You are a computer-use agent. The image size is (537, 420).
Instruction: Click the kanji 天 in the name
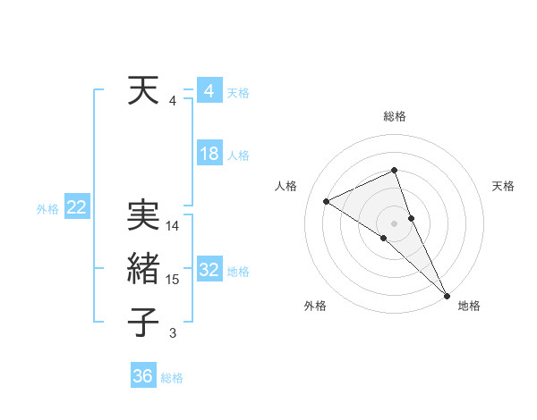(x=144, y=91)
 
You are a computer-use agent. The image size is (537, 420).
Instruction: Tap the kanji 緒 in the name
(x=144, y=268)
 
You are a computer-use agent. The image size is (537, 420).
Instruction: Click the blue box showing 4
(x=209, y=91)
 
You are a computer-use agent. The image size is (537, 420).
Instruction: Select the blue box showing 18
(x=209, y=154)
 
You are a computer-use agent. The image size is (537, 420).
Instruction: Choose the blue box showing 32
(x=209, y=270)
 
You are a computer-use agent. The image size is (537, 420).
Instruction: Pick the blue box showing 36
(x=143, y=376)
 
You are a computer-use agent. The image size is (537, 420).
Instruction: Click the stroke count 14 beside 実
(x=173, y=226)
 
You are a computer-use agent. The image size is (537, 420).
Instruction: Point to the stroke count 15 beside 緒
(x=173, y=280)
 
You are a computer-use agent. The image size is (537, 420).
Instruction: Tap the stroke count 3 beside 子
(x=173, y=333)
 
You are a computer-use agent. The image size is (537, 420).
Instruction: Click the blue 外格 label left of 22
(x=47, y=209)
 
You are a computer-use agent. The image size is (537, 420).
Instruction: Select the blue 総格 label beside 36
(x=172, y=378)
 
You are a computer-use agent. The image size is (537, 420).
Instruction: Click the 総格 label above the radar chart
(x=395, y=116)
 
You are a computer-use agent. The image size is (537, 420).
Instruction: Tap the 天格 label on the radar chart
(x=503, y=186)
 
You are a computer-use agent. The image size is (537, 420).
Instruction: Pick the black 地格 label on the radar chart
(x=469, y=306)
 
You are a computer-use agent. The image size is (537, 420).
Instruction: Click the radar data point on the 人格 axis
(x=327, y=201)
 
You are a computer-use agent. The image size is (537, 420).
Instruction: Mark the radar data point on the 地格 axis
(x=447, y=294)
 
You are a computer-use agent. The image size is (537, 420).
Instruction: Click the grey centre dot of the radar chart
(x=395, y=222)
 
